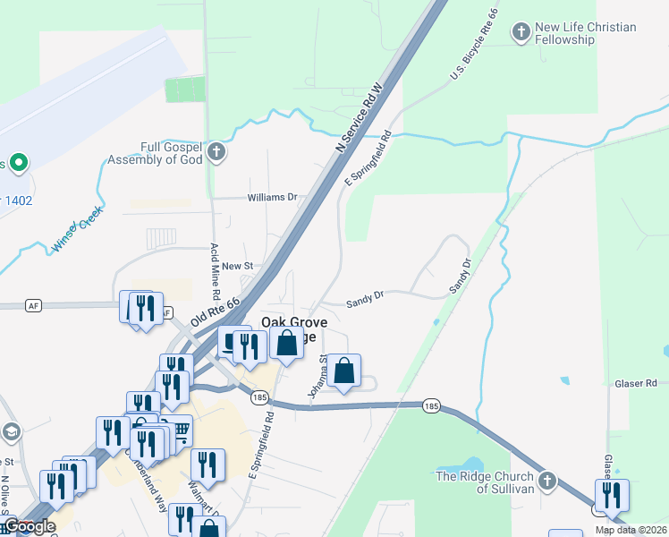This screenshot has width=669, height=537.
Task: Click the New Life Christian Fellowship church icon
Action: click(x=521, y=34)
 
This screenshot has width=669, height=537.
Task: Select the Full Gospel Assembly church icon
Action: click(x=216, y=153)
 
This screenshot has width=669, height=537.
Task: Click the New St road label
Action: click(x=238, y=266)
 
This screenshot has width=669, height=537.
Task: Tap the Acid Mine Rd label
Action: click(x=215, y=271)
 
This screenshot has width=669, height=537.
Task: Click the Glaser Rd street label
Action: click(x=636, y=383)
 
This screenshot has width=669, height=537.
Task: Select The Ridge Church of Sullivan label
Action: click(x=483, y=482)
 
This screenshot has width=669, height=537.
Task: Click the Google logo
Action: click(x=29, y=526)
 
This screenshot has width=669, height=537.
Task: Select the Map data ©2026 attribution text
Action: click(x=630, y=530)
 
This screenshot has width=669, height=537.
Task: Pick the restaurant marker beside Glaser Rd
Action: click(x=612, y=495)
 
